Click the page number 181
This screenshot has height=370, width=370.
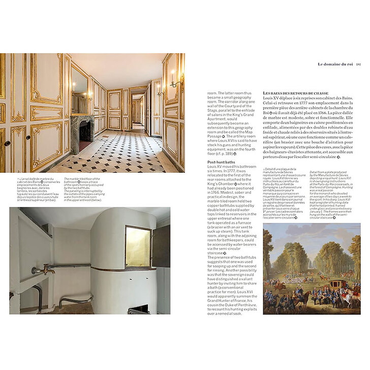click(358, 64)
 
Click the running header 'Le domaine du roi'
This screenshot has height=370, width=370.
click(335, 64)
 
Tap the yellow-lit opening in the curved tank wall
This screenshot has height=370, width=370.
click(138, 246)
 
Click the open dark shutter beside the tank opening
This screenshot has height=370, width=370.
click(162, 246)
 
